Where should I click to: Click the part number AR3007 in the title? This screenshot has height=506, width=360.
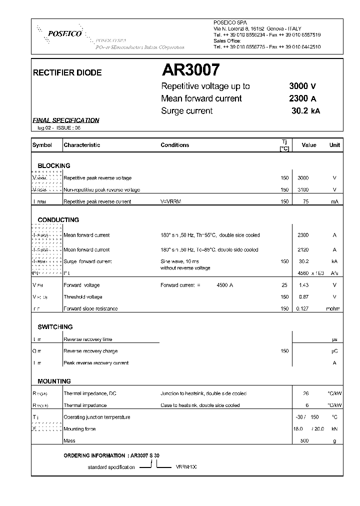190,69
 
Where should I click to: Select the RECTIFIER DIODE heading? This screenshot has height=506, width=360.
67,72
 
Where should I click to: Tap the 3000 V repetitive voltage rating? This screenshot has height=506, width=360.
302,86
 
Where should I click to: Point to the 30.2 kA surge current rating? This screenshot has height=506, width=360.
305,111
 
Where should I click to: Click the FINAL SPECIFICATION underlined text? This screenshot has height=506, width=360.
65,120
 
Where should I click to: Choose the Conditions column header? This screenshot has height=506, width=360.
174,145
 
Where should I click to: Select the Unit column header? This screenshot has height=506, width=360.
334,145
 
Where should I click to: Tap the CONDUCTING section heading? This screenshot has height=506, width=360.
58,219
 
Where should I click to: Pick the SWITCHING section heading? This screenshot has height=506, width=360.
55,327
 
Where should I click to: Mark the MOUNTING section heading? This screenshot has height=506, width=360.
54,381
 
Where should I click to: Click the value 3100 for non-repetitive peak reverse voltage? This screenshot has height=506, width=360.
303,190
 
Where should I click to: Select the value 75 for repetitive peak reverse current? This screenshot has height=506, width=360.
303,201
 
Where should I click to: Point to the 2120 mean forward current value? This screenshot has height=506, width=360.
303,249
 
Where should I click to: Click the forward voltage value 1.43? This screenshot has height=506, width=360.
303,285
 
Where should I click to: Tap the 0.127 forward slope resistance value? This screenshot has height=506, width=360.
303,308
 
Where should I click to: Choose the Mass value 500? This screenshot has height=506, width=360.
303,440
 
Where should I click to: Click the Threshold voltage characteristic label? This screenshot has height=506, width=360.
83,297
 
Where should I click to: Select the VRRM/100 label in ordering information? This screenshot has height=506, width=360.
186,466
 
